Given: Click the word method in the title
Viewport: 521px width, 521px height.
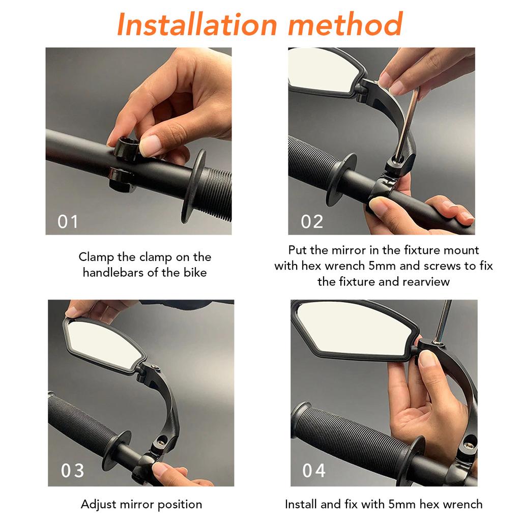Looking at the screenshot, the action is [345, 24].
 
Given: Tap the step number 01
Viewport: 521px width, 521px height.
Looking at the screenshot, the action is [68, 222].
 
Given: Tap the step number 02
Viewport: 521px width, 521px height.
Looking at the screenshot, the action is [312, 222].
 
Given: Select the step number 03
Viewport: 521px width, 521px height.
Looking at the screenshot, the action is [72, 471].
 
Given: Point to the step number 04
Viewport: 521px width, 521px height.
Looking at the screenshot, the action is [314, 471].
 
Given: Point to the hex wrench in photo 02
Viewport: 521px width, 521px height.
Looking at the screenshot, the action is [407, 123].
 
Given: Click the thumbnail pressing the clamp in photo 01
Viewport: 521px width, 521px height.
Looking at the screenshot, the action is [151, 146].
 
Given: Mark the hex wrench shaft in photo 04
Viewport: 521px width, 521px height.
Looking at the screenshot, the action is [444, 321].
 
